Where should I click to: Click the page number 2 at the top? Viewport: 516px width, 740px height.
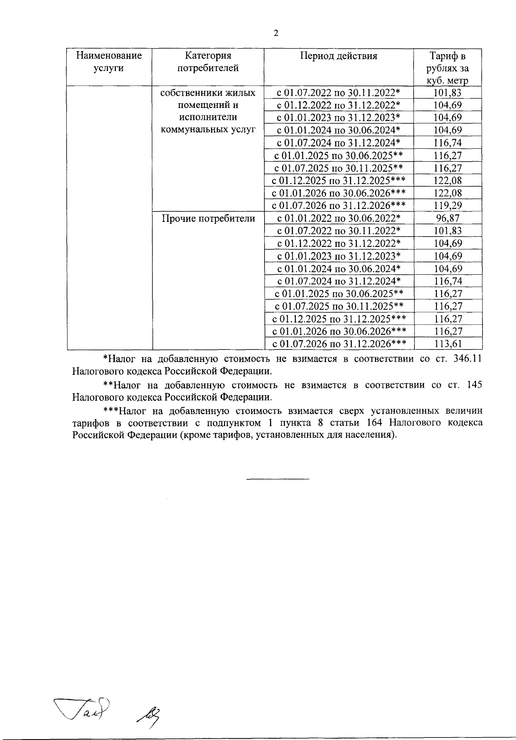(276, 34)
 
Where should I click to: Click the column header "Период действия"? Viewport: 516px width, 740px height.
(338, 56)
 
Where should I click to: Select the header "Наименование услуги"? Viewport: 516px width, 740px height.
(109, 61)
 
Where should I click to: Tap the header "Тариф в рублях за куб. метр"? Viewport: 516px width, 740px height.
(447, 68)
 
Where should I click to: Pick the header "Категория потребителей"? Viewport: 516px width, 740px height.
(208, 61)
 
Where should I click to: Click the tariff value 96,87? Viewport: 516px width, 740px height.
(447, 218)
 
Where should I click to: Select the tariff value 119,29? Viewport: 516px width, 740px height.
(447, 206)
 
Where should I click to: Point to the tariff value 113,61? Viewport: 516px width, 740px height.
(447, 344)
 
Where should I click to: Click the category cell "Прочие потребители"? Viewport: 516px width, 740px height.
(208, 218)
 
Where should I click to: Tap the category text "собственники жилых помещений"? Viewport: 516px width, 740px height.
(208, 99)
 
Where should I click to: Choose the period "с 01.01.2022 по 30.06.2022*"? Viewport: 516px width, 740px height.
(338, 218)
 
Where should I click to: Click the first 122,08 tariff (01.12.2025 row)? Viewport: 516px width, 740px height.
(447, 181)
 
